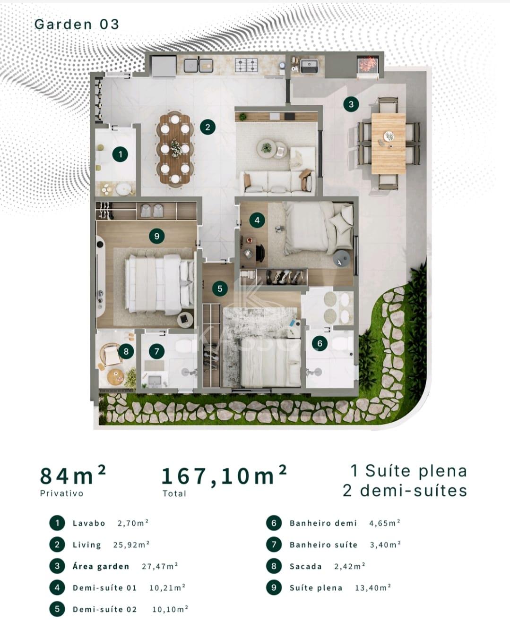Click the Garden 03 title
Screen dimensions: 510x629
click(77, 24)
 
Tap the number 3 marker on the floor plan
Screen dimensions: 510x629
click(351, 104)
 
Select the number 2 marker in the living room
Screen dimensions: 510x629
click(207, 127)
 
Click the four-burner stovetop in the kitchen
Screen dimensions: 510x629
click(246, 65)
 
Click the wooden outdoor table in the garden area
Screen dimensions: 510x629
click(389, 144)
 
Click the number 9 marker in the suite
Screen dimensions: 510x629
click(156, 236)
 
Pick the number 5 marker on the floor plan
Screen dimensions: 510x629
click(220, 289)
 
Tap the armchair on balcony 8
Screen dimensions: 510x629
click(111, 355)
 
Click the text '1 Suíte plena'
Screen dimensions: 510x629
click(408, 471)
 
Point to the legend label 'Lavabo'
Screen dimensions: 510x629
click(89, 523)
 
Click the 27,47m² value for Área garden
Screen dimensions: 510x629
click(160, 566)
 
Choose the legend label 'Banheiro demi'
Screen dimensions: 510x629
click(323, 523)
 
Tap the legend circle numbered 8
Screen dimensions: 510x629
click(274, 566)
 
